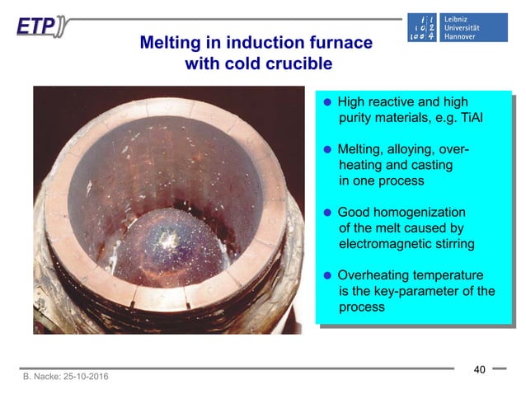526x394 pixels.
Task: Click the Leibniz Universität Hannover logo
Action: (458, 28)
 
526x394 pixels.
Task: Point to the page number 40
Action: (479, 369)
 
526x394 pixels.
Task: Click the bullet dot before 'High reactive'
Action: (327, 103)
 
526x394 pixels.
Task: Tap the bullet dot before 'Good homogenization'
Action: (327, 212)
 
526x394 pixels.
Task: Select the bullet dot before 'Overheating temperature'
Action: (327, 275)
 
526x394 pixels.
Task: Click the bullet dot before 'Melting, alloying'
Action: (327, 150)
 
